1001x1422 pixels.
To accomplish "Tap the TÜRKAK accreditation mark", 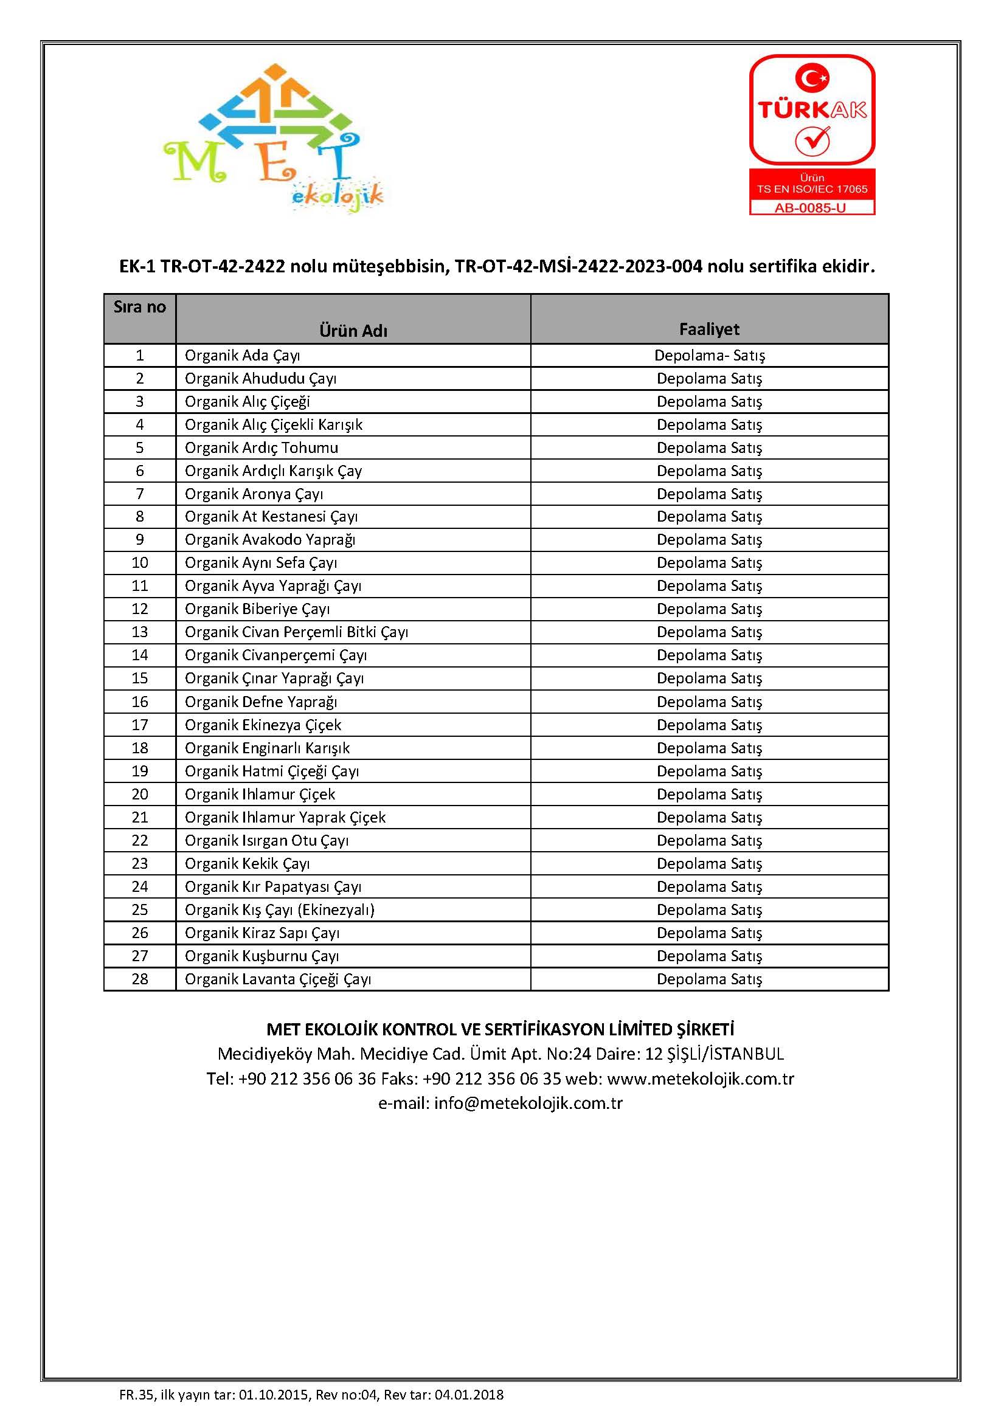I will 811,110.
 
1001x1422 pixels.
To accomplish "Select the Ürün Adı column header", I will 353,331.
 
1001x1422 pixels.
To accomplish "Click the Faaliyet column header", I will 709,329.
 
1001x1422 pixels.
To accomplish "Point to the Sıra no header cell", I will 139,307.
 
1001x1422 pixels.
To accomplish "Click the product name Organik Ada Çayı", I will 242,356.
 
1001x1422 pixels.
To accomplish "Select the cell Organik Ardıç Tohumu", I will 262,448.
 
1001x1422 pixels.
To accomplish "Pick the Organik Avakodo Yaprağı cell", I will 270,540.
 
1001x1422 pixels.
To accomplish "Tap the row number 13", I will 140,632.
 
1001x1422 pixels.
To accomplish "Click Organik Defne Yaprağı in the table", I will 261,702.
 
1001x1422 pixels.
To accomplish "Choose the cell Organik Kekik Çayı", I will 247,864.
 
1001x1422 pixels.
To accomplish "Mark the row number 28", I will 140,979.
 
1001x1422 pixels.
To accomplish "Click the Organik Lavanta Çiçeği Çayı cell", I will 277,979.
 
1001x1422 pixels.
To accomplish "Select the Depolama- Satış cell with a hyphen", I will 709,356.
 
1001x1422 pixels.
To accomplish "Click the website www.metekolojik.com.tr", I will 700,1079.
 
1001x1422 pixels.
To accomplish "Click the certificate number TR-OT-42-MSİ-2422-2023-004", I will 578,266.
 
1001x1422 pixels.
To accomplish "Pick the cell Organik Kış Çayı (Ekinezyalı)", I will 279,910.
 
